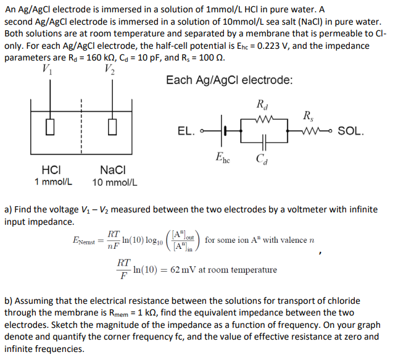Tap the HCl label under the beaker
pos(50,169)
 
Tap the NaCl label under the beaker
pos(113,169)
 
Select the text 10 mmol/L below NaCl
pos(115,183)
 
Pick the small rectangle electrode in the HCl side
pos(49,128)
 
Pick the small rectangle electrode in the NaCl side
pos(112,128)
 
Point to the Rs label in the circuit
pos(307,114)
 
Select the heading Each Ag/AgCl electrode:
pos(230,80)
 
